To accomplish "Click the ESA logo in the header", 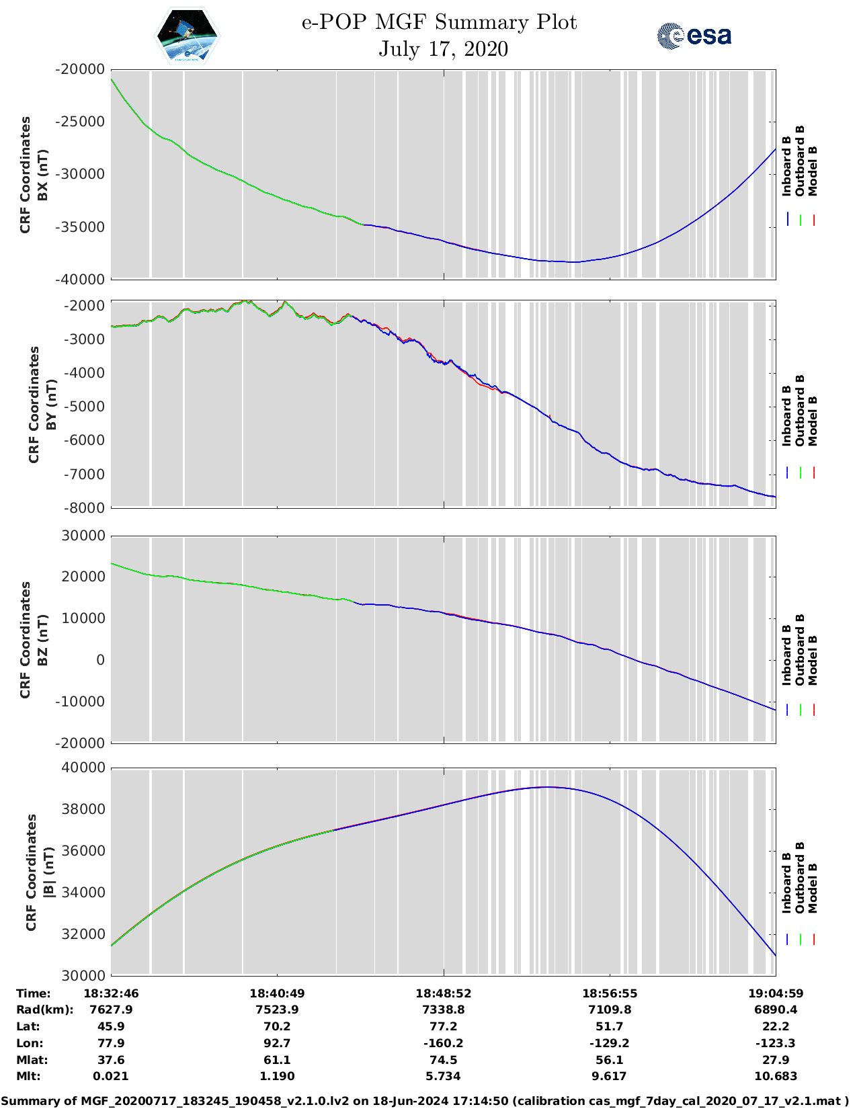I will click(694, 36).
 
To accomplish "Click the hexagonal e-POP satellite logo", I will click(188, 36).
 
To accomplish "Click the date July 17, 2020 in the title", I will click(443, 49).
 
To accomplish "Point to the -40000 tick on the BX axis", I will click(81, 279).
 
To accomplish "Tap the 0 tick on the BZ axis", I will click(100, 660).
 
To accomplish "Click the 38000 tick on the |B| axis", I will click(84, 809).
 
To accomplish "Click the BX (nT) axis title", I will click(42, 175).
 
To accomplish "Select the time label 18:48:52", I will click(443, 993).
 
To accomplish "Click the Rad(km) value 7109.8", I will click(609, 1010).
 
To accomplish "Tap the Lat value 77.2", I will click(443, 1026).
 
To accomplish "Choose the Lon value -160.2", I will click(443, 1043).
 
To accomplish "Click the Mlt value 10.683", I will click(775, 1076).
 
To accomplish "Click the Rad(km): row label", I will click(44, 1010).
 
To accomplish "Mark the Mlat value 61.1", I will click(277, 1060).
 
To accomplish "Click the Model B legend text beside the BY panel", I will click(813, 421).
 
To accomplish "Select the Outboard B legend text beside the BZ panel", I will click(800, 650).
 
